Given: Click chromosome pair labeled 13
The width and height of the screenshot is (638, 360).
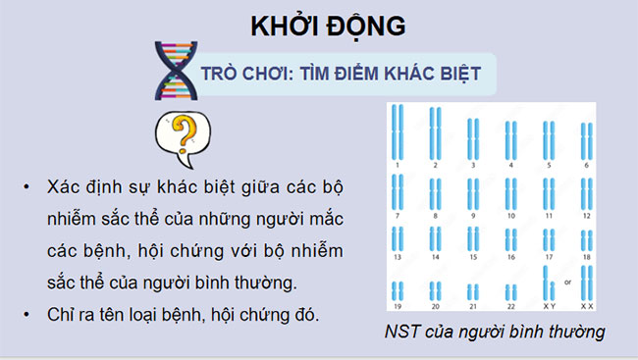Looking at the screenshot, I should tap(398, 239).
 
